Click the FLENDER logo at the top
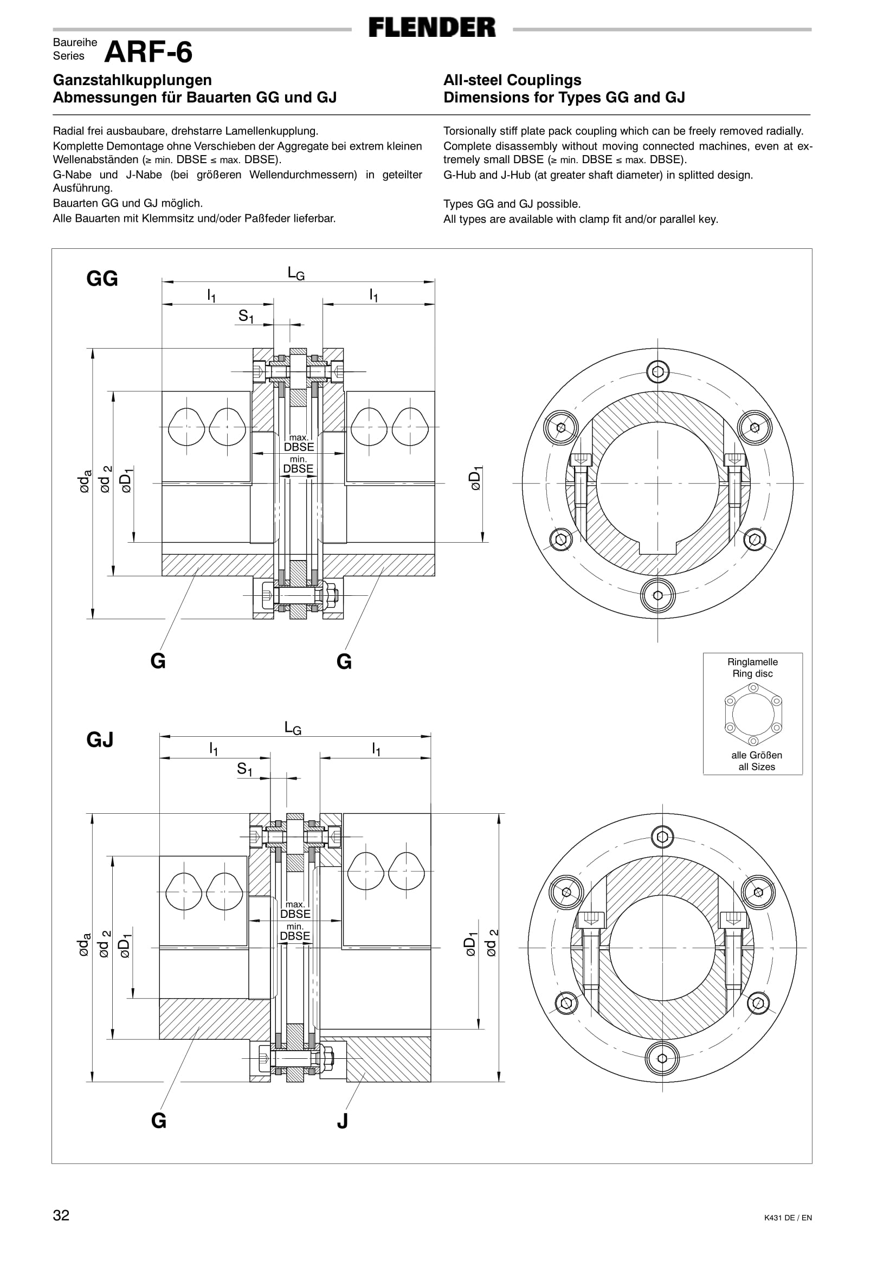tap(432, 28)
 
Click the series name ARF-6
tap(149, 53)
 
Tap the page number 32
tap(61, 1214)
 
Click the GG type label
tap(102, 279)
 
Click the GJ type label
tap(100, 739)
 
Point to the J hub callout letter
tap(342, 1121)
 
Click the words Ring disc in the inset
tap(752, 673)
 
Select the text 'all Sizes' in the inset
tap(756, 767)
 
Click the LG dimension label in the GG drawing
tap(296, 273)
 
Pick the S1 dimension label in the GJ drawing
tap(244, 768)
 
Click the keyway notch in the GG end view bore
tap(658, 548)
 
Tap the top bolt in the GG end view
tap(658, 371)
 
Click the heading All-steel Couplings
tap(512, 80)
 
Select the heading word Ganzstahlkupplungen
tap(132, 80)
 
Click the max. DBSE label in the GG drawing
tap(299, 443)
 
